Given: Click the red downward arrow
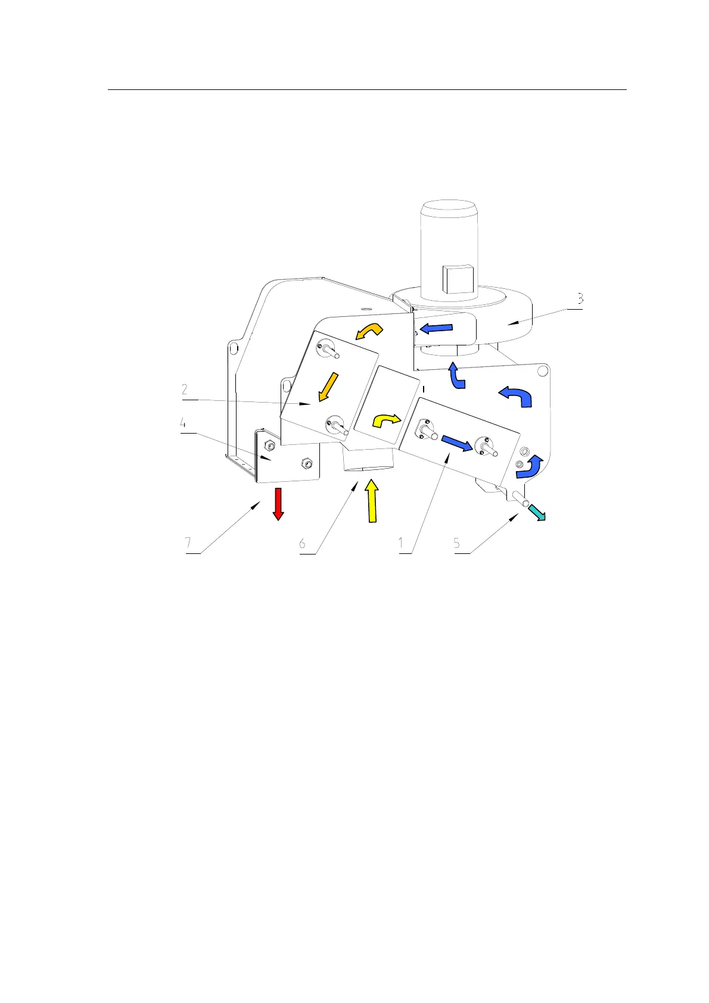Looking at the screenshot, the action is point(277,504).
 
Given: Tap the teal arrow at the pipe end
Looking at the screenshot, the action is point(537,512).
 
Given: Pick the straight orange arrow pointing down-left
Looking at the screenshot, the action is point(328,387).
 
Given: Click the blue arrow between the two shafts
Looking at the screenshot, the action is point(456,443).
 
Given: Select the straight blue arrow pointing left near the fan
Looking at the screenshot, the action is point(437,328).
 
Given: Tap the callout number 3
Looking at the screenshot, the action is point(579,298).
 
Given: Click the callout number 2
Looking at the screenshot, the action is point(185,390).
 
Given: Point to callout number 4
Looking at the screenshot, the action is point(184,423).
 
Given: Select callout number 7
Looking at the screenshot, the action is point(188,543).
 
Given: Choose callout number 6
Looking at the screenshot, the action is point(303,543).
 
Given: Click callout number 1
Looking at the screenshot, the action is point(402,543).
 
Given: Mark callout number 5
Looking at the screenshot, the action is point(457,543).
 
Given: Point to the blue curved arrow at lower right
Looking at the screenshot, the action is point(529,467).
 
